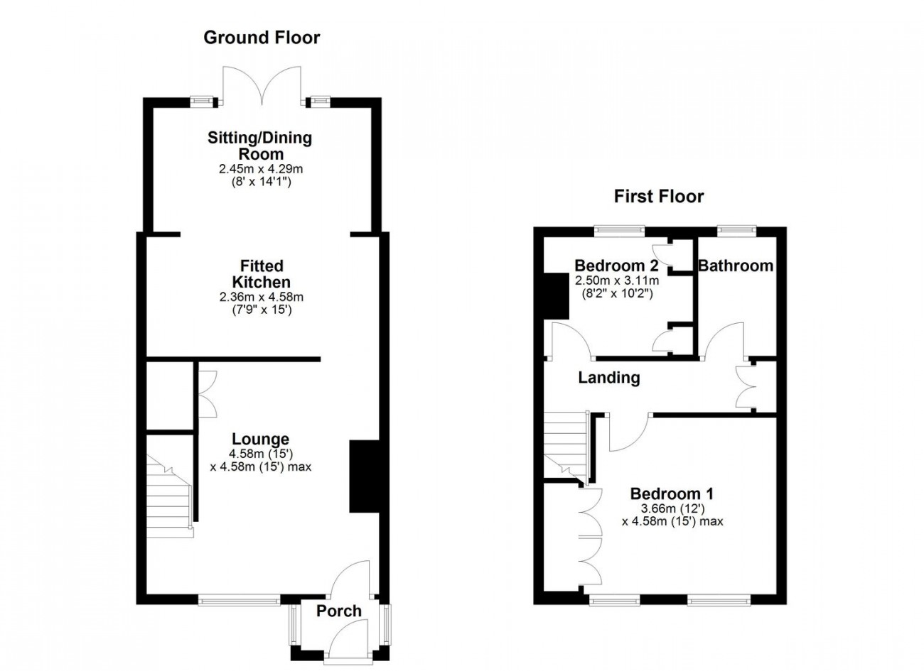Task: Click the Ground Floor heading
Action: coord(262,38)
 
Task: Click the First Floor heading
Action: coord(659,197)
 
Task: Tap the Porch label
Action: coord(338,611)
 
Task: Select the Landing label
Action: coord(609,378)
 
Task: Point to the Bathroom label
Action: coord(736,266)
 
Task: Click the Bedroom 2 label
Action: coord(616,266)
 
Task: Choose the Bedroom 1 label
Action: coord(672,493)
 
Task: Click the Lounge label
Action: coord(260,440)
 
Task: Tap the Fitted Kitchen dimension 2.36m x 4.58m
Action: coord(262,297)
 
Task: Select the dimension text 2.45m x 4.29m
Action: coord(261,168)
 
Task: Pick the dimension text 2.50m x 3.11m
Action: coord(617,280)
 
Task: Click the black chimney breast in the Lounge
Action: coord(365,476)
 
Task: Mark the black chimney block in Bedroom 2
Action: coord(556,296)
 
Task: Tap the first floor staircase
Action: coord(566,447)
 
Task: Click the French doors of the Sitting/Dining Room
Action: coord(262,85)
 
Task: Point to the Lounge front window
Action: coord(240,600)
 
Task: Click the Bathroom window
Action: coord(737,231)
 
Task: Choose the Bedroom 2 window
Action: coord(619,231)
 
